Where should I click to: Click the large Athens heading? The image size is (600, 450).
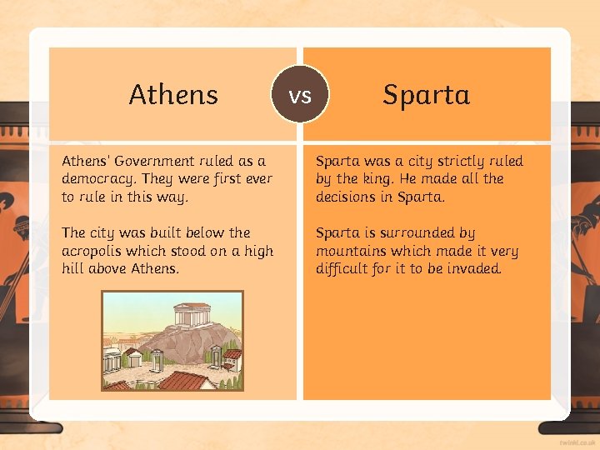[173, 95]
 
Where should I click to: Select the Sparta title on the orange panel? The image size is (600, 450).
[426, 95]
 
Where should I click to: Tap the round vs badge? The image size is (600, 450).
[300, 95]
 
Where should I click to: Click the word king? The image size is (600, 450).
[377, 178]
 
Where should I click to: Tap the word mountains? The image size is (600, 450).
[352, 251]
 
